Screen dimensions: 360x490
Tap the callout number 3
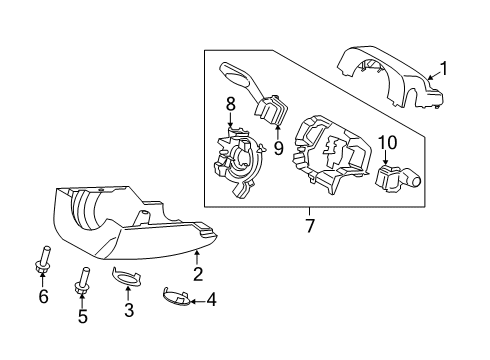click(x=127, y=311)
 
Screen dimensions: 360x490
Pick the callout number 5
click(x=83, y=317)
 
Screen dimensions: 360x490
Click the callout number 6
click(x=42, y=296)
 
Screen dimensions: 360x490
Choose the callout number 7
click(x=310, y=227)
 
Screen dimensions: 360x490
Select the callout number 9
click(x=279, y=148)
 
